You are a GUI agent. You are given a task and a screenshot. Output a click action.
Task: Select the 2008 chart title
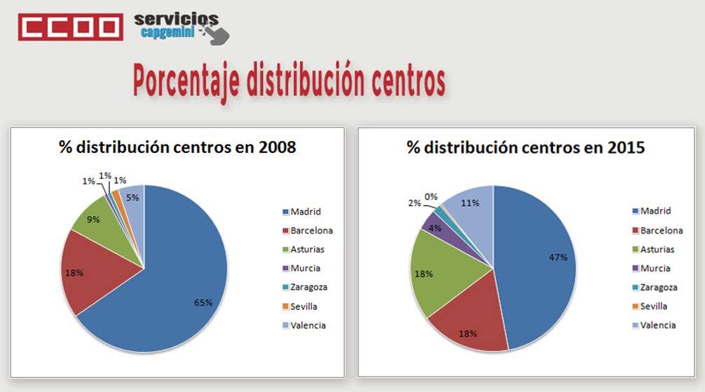(x=177, y=147)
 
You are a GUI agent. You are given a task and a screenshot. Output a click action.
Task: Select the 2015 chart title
(x=526, y=147)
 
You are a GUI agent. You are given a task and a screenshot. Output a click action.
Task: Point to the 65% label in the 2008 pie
(x=203, y=302)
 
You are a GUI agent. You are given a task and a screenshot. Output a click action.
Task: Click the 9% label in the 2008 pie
(x=93, y=219)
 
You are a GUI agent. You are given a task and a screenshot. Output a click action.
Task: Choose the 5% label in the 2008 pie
(x=132, y=198)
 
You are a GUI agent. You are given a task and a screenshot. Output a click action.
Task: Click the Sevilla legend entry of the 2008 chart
(x=304, y=306)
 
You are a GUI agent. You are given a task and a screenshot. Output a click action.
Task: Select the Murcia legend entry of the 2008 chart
(x=304, y=268)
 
